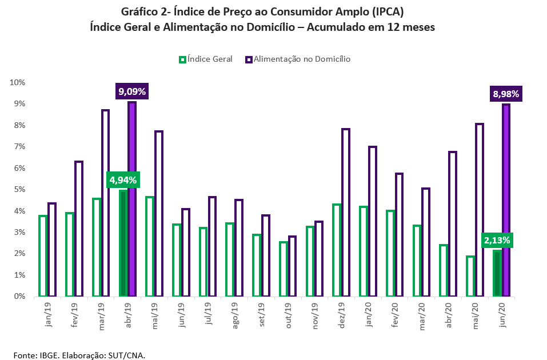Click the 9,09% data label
pyautogui.click(x=132, y=91)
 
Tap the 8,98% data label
pyautogui.click(x=505, y=94)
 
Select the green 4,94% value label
pyautogui.click(x=123, y=180)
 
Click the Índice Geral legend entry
pyautogui.click(x=206, y=59)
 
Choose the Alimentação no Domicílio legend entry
pyautogui.click(x=298, y=59)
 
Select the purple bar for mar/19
pyautogui.click(x=105, y=203)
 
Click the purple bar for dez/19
pyautogui.click(x=345, y=213)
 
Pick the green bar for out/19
pyautogui.click(x=284, y=269)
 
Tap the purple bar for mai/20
pyautogui.click(x=480, y=210)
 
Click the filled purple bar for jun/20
pyautogui.click(x=506, y=200)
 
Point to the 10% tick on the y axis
pyautogui.click(x=18, y=82)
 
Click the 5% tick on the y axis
pyautogui.click(x=19, y=189)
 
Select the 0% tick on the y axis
pyautogui.click(x=19, y=296)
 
